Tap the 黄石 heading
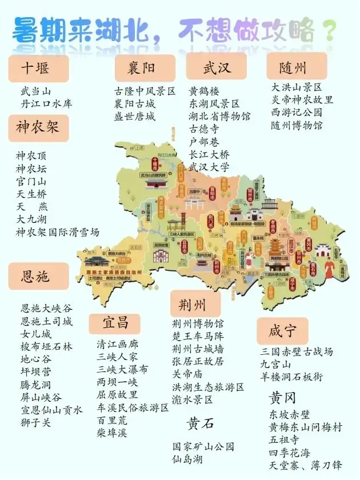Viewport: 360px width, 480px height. (200, 423)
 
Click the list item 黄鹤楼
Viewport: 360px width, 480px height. (204, 91)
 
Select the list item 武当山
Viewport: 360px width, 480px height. (35, 91)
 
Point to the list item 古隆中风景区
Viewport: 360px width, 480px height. (145, 91)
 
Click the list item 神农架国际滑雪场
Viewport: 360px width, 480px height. (58, 232)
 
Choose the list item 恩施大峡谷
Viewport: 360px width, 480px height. (46, 308)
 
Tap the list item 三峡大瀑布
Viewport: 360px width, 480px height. (122, 369)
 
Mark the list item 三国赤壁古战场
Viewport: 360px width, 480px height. (297, 351)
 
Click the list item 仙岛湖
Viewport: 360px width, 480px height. (188, 458)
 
